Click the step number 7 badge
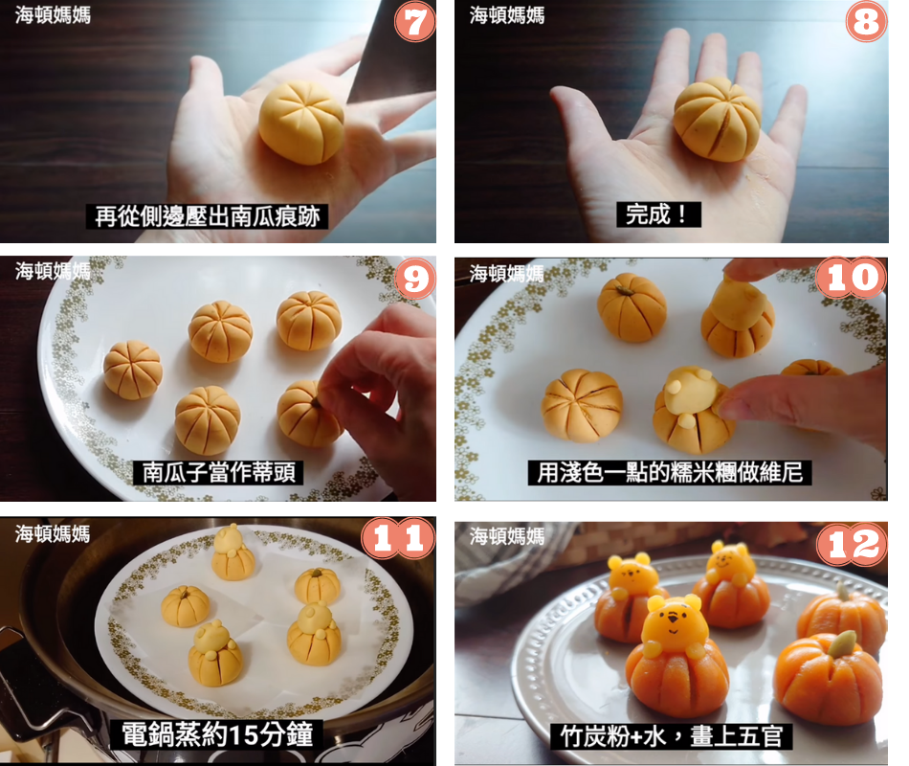[x=415, y=22]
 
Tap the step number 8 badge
[x=866, y=22]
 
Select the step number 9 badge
[x=415, y=280]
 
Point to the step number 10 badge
[x=851, y=278]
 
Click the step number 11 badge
[x=398, y=538]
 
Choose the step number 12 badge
[x=852, y=544]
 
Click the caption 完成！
[x=658, y=214]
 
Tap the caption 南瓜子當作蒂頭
[x=219, y=472]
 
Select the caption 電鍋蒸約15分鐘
[x=217, y=734]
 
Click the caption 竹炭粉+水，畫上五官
[x=672, y=736]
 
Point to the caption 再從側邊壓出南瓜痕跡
[x=207, y=216]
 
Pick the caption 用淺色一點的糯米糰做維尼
[x=670, y=472]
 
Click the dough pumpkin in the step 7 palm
[x=301, y=122]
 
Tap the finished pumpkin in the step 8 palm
[x=717, y=119]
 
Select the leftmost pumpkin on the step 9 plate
[x=133, y=371]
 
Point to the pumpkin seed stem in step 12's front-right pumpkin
[x=841, y=643]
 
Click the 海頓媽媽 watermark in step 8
[x=507, y=15]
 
